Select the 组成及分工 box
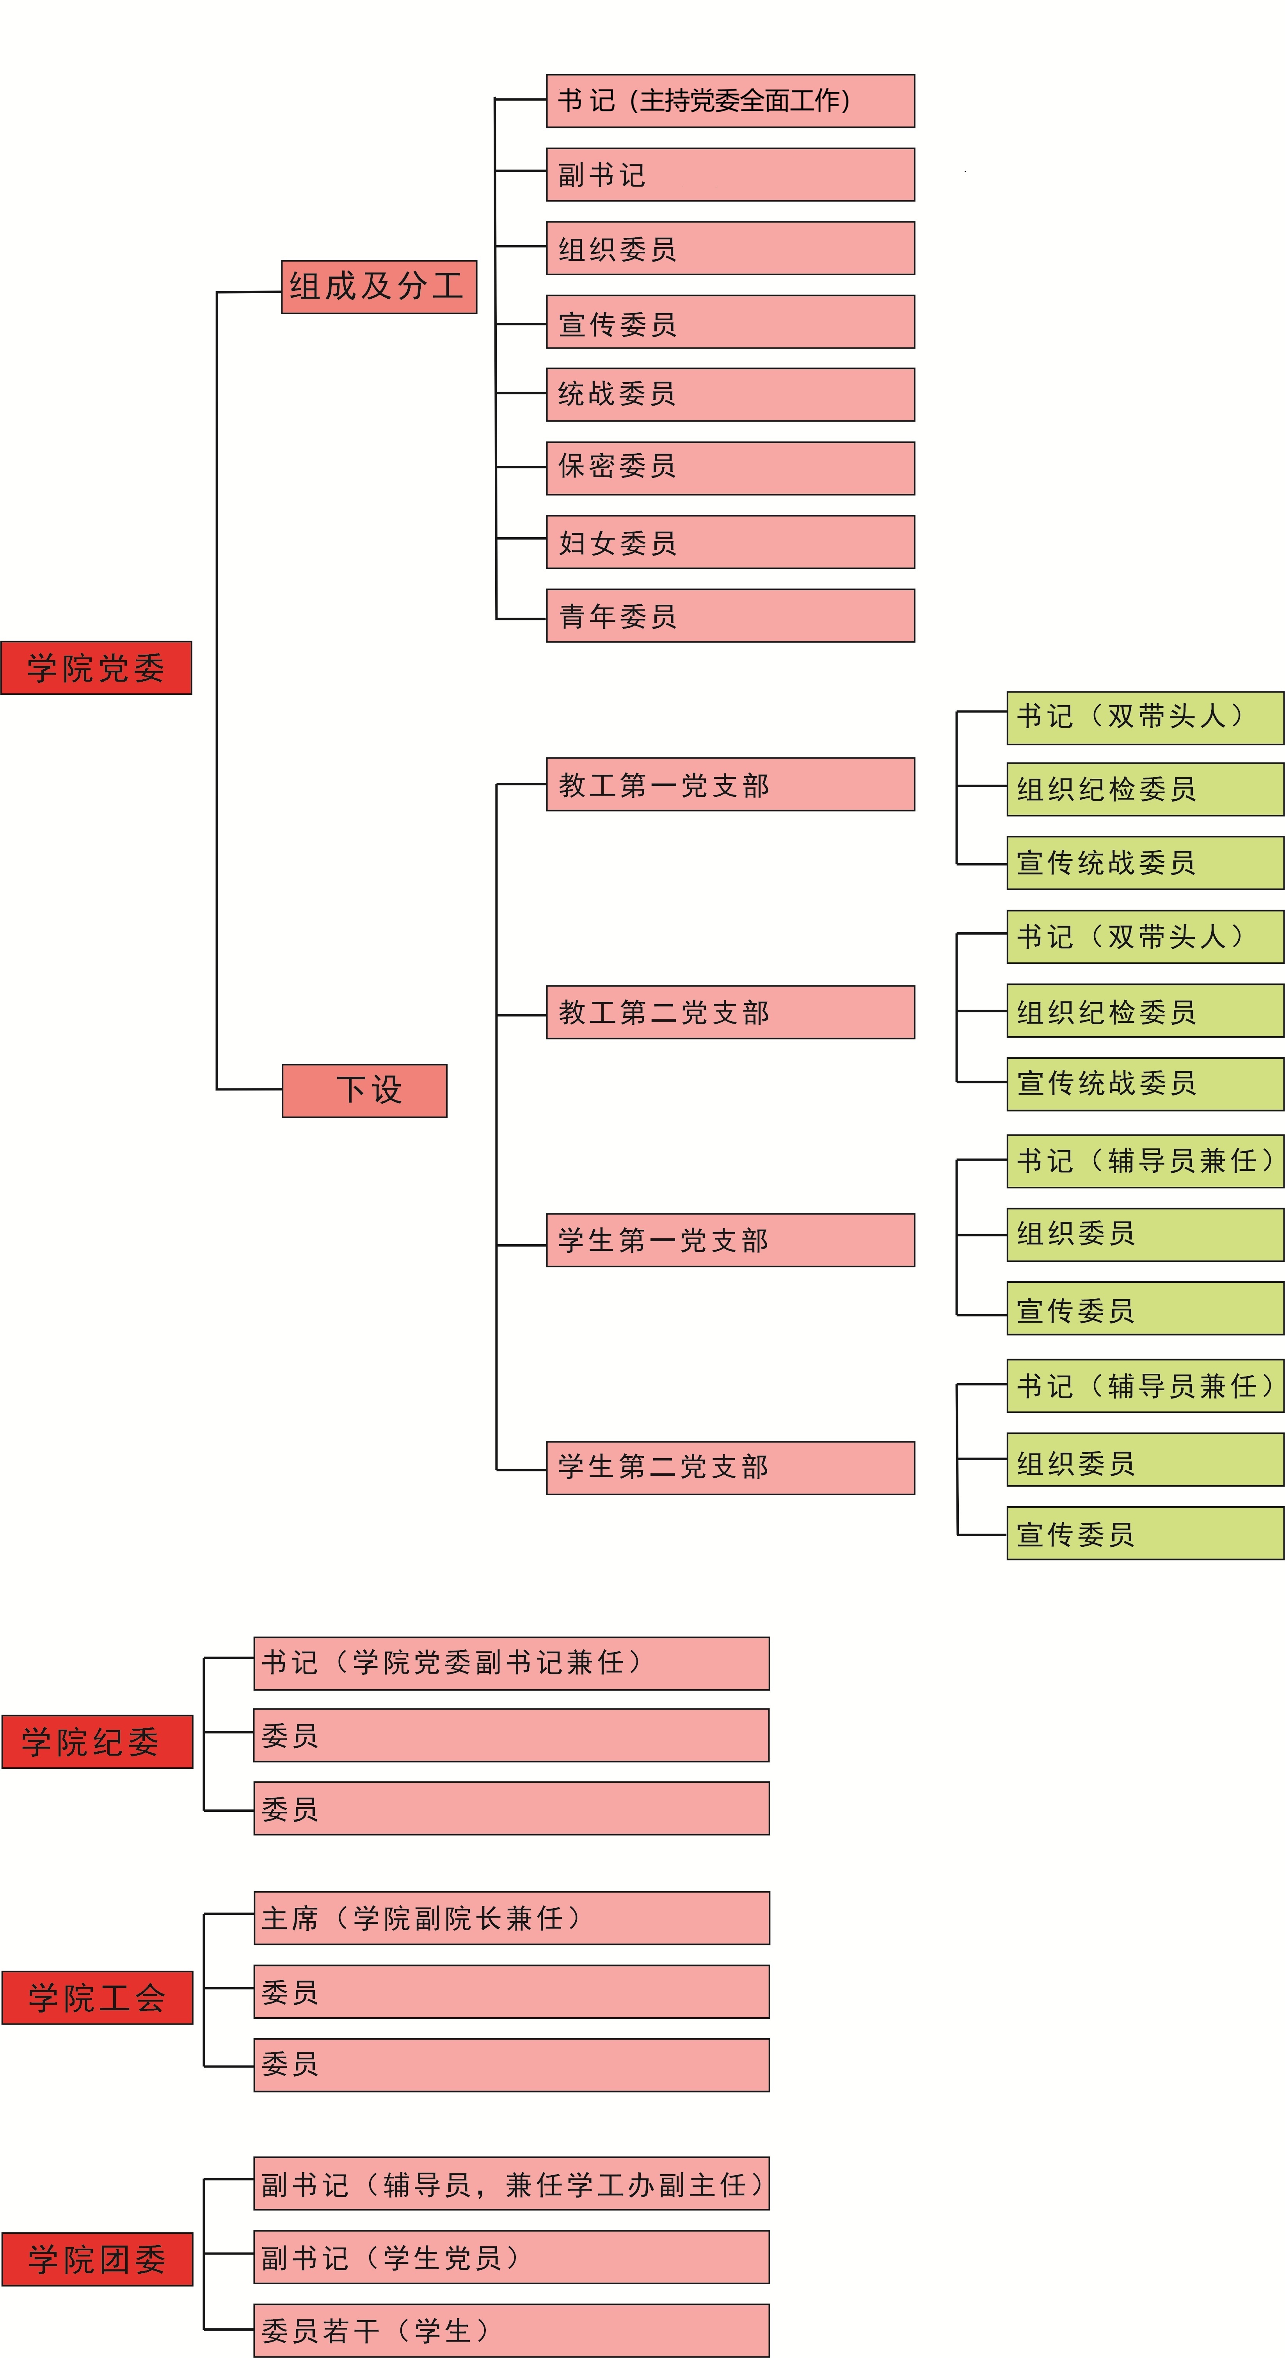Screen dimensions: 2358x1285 [x=379, y=287]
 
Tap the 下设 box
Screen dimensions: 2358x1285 [x=364, y=1090]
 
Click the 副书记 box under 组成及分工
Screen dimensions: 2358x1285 [x=730, y=174]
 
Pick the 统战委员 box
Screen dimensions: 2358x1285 [x=730, y=395]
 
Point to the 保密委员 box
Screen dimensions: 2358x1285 [x=730, y=468]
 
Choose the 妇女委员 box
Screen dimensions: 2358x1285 [x=730, y=542]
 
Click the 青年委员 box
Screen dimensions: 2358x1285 [x=730, y=615]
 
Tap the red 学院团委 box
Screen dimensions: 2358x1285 [x=97, y=2259]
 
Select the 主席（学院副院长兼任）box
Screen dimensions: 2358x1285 [x=512, y=1918]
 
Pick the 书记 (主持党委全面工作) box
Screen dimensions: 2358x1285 [x=730, y=101]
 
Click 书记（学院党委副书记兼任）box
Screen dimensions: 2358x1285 [x=512, y=1663]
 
